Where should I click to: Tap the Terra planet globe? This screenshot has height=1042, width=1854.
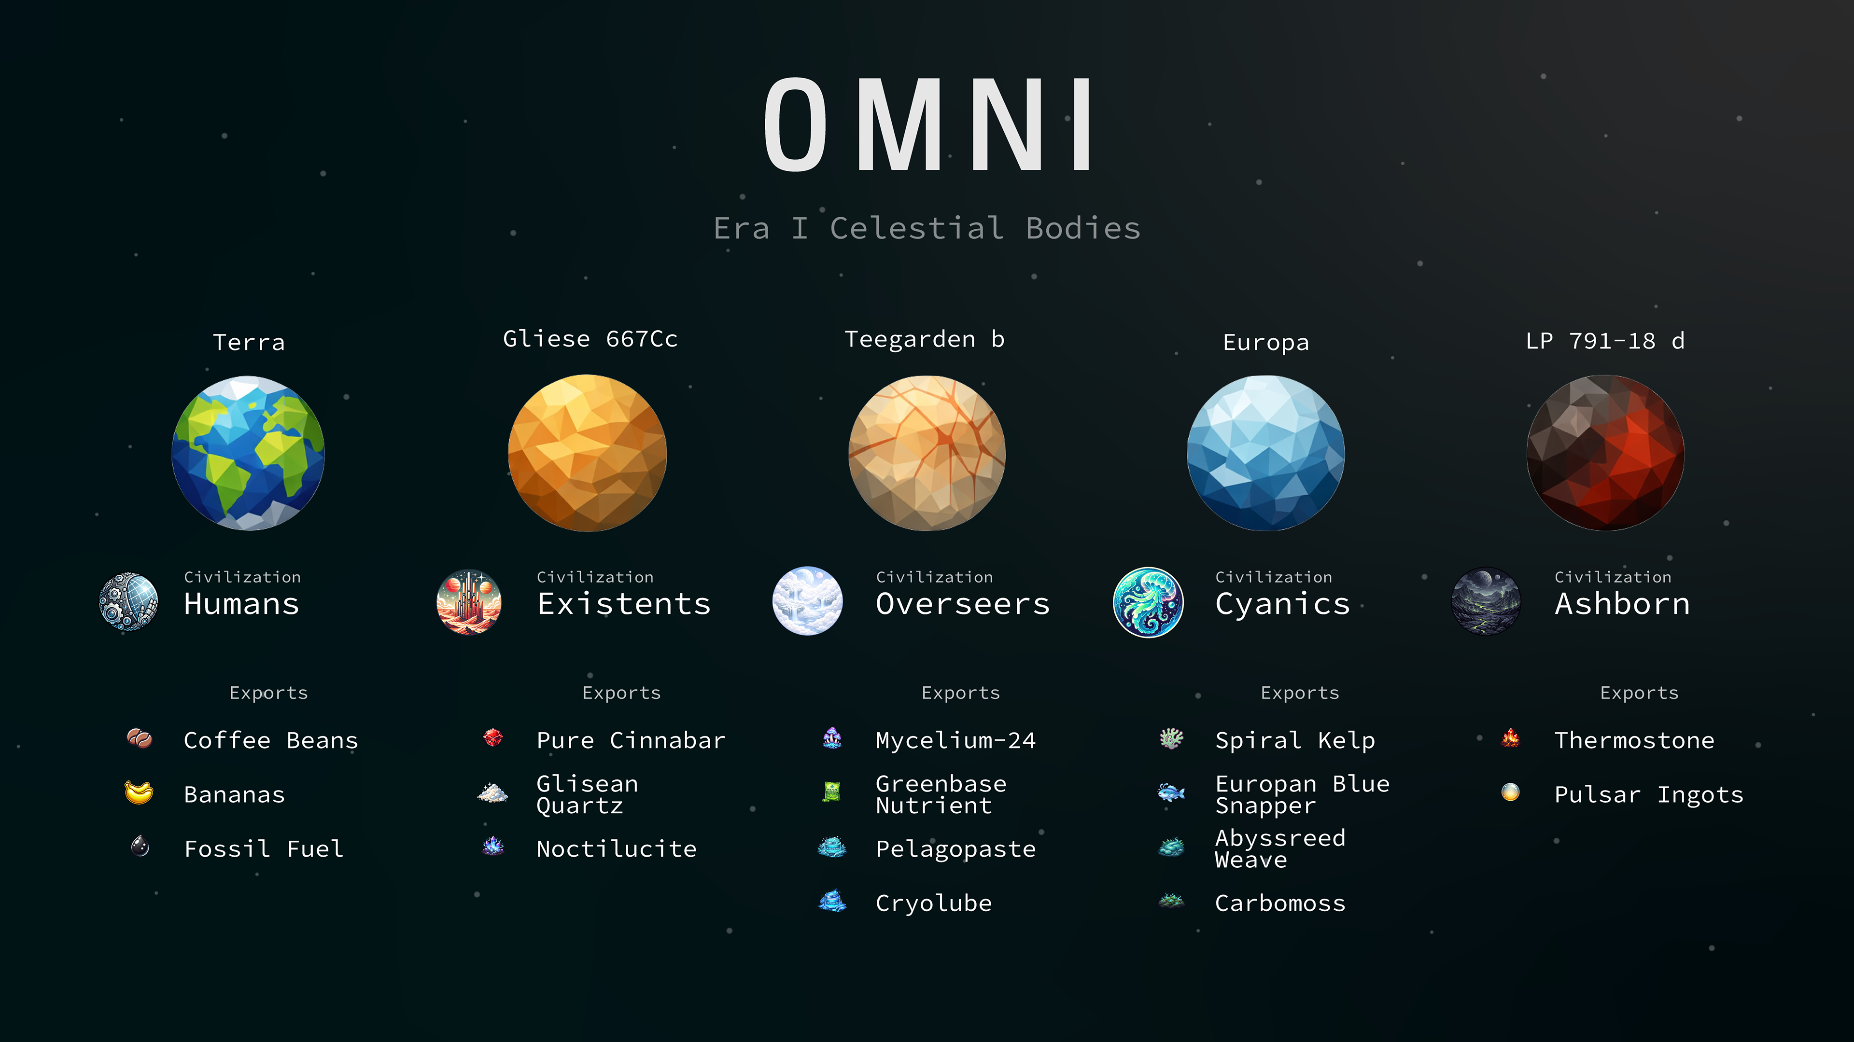click(248, 453)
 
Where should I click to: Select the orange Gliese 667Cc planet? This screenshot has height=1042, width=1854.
click(587, 453)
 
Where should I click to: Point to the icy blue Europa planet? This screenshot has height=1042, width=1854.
click(1265, 453)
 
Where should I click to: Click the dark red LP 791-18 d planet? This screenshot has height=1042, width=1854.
click(1605, 453)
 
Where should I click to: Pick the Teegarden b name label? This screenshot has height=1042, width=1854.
click(924, 339)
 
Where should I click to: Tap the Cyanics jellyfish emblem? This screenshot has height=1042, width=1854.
click(1148, 601)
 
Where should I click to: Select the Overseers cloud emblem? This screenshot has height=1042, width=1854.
click(808, 601)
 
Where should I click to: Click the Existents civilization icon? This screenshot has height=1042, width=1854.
click(468, 601)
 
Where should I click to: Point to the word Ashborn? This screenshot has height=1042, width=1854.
click(1622, 604)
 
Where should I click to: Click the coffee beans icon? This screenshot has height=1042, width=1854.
click(139, 739)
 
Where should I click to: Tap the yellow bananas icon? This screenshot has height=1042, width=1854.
click(139, 793)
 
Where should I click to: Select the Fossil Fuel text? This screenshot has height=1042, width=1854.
click(264, 849)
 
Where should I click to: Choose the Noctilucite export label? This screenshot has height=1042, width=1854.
click(616, 849)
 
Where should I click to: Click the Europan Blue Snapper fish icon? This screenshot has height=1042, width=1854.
click(1171, 793)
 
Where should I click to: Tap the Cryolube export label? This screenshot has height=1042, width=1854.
click(933, 903)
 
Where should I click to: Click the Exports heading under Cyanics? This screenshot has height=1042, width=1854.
click(1300, 693)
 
